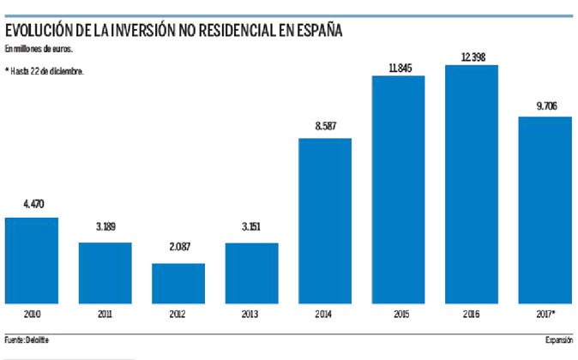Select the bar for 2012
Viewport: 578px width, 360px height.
[178, 284]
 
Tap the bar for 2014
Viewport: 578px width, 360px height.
[325, 220]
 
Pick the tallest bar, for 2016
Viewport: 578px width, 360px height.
[472, 184]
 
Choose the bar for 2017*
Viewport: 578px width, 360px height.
[545, 210]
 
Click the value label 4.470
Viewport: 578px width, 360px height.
[32, 206]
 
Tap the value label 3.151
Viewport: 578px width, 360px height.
[251, 231]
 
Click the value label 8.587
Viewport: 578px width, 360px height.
[325, 126]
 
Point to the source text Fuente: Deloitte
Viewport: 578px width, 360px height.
[28, 340]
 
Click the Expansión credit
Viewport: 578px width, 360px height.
[557, 340]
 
